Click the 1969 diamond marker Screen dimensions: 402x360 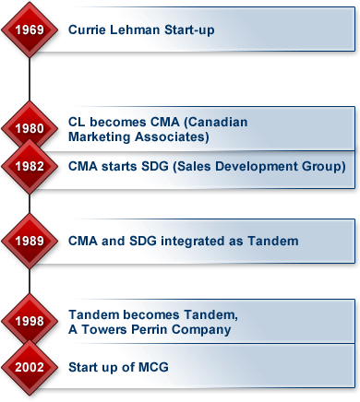point(30,30)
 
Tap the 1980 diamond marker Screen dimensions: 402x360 point(30,129)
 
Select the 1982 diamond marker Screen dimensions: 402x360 point(30,167)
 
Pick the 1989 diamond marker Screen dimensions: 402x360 point(30,241)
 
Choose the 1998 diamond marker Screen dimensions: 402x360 point(30,321)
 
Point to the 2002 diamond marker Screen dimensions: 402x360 point(30,367)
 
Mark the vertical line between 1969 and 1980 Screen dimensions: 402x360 point(30,78)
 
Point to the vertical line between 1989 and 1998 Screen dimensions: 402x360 point(30,280)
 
